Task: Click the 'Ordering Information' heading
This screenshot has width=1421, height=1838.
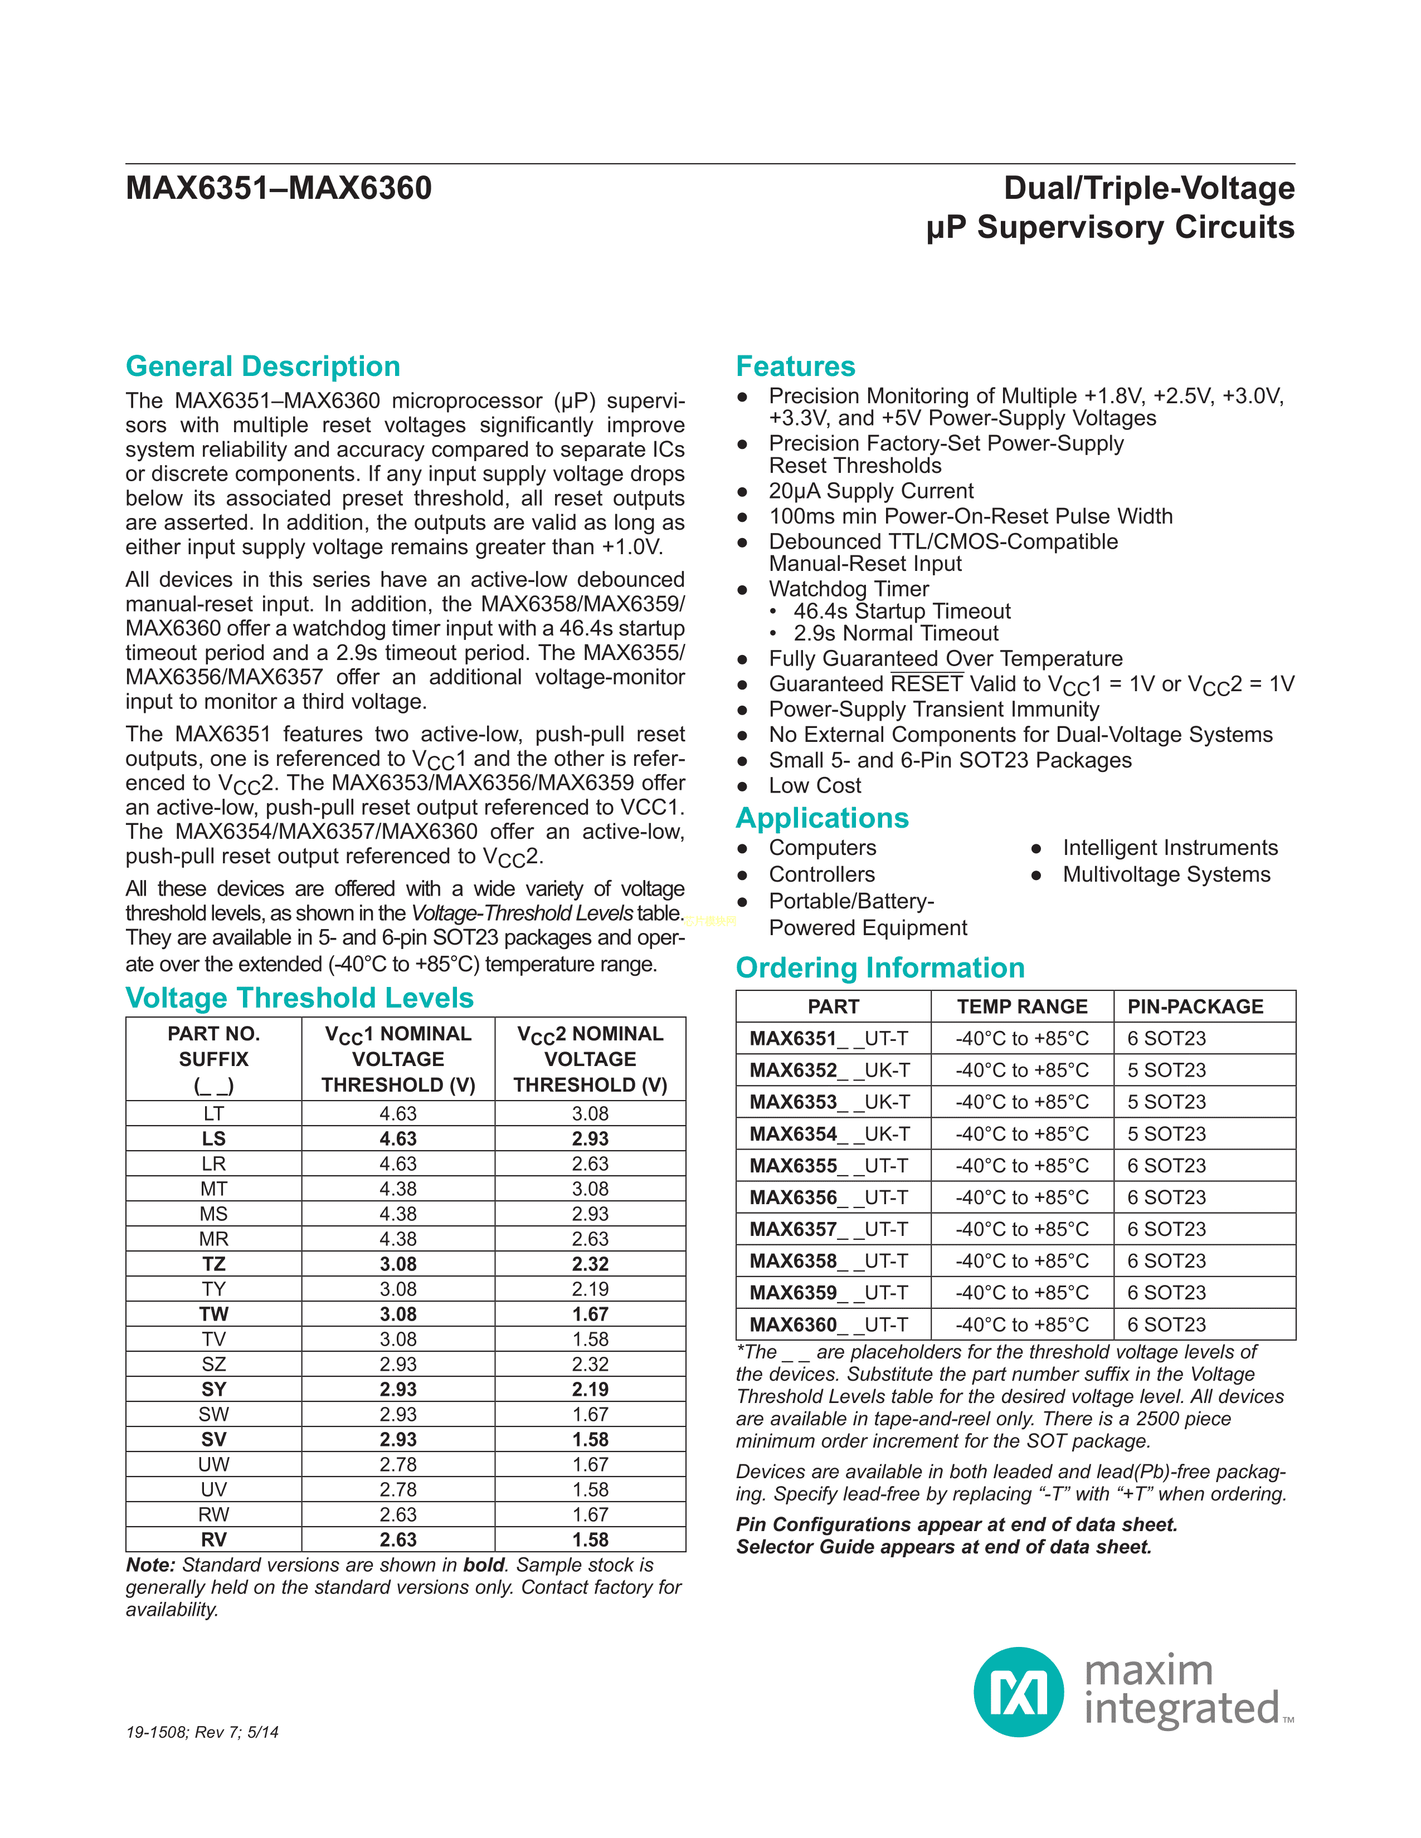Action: (x=880, y=968)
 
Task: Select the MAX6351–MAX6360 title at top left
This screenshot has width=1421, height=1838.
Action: (x=279, y=188)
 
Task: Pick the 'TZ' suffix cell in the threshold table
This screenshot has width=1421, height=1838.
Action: (x=214, y=1264)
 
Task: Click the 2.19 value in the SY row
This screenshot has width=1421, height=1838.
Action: (x=590, y=1390)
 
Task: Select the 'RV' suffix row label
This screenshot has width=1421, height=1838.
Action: (x=214, y=1539)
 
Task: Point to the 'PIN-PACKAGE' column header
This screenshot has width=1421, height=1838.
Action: (x=1195, y=1006)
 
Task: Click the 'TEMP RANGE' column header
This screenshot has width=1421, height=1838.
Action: (x=1022, y=1006)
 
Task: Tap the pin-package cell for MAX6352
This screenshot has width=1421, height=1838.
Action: (x=1167, y=1070)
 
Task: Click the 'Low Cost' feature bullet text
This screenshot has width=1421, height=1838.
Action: (x=815, y=785)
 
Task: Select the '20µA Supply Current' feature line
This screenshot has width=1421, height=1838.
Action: (x=870, y=491)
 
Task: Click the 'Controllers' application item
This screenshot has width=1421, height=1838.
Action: (x=821, y=874)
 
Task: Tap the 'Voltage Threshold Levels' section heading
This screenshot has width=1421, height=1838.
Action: (x=300, y=998)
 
